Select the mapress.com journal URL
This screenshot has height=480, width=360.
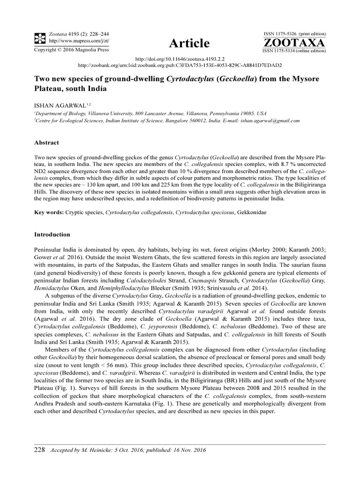click(72, 40)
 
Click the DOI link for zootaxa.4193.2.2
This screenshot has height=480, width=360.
click(180, 60)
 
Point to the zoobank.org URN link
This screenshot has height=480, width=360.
click(180, 66)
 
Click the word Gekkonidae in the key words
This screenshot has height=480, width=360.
click(271, 212)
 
